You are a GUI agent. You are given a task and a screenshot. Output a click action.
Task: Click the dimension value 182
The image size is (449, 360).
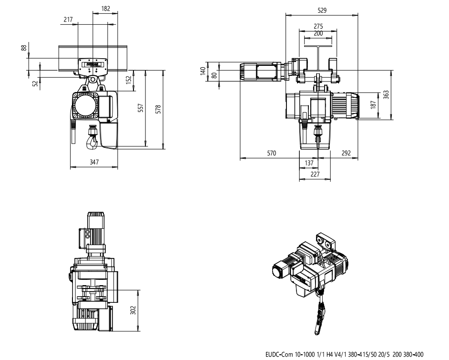(106, 8)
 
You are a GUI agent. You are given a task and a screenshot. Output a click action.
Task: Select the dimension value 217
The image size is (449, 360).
(68, 19)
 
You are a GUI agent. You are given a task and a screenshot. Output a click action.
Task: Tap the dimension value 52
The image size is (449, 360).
(34, 83)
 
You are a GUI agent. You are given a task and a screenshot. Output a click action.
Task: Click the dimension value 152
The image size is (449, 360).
(128, 80)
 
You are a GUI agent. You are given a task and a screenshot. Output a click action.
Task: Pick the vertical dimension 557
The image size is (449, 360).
(140, 109)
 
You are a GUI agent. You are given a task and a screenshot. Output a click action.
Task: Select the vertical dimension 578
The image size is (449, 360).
(158, 109)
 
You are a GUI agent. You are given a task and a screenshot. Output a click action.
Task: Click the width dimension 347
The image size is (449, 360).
(94, 163)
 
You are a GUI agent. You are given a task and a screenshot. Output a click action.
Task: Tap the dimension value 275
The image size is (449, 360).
(318, 26)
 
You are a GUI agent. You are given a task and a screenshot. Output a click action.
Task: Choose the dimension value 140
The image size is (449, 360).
(203, 72)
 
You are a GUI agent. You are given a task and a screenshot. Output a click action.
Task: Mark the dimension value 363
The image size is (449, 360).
(387, 95)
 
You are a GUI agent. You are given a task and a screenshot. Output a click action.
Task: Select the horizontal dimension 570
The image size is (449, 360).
(271, 153)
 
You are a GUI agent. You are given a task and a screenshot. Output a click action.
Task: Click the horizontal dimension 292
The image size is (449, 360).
(347, 153)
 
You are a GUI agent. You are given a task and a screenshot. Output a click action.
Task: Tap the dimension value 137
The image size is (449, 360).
(309, 163)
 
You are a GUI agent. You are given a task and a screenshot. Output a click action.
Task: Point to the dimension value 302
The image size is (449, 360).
(134, 310)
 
